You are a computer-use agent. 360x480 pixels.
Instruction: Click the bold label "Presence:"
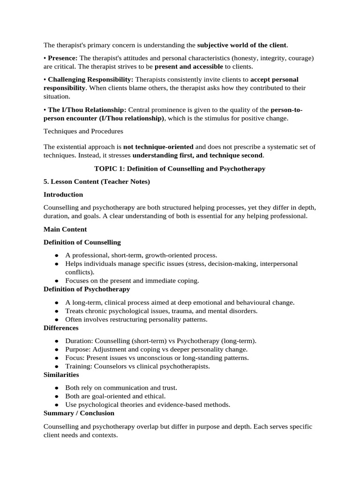tap(63, 58)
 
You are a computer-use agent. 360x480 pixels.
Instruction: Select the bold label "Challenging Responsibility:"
tap(90, 80)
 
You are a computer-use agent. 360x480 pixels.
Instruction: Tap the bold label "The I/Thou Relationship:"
tap(87, 110)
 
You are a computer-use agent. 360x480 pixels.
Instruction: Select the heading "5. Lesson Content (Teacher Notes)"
tap(97, 181)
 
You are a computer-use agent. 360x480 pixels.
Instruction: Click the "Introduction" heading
tap(63, 195)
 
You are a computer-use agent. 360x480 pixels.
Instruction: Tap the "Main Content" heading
tap(65, 229)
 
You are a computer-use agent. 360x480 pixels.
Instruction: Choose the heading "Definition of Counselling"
tap(82, 242)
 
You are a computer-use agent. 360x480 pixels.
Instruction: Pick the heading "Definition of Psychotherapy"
tap(87, 289)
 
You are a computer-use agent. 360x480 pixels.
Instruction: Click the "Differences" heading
tap(61, 328)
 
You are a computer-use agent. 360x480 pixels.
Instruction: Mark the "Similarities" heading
tap(61, 375)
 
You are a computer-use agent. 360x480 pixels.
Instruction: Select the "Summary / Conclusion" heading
tap(79, 413)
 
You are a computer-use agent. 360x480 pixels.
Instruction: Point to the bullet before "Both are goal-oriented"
tap(57, 397)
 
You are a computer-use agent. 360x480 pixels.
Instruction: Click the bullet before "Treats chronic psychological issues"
tap(57, 311)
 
